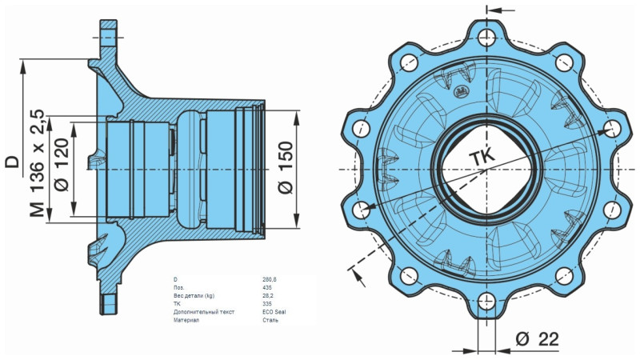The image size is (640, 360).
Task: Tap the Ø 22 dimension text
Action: [537, 339]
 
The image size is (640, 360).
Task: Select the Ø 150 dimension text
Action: [286, 167]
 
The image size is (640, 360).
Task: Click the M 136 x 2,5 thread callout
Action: [38, 163]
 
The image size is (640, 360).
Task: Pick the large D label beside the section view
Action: [12, 162]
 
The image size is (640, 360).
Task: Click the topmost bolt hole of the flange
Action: [486, 35]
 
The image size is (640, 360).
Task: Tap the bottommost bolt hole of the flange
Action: [486, 302]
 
